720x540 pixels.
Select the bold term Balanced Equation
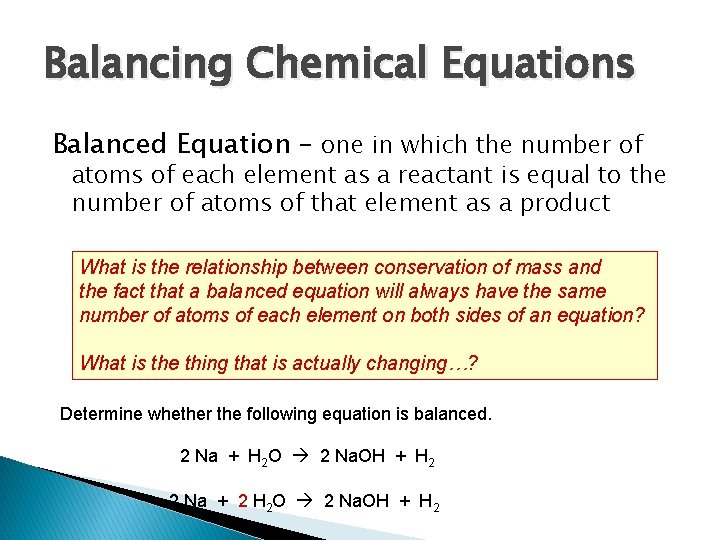[170, 145]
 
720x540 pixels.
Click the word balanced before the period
[454, 413]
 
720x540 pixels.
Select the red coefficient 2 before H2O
[243, 500]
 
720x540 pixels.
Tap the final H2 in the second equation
[428, 501]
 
